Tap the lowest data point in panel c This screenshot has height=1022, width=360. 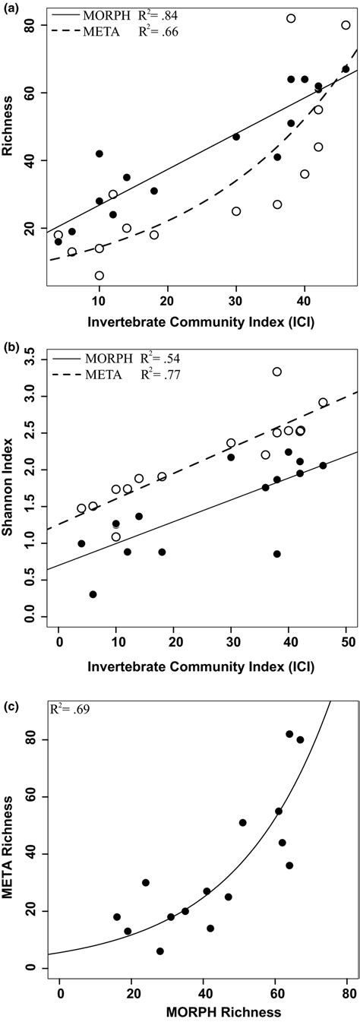pyautogui.click(x=160, y=951)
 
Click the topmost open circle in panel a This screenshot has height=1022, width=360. pyautogui.click(x=291, y=18)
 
